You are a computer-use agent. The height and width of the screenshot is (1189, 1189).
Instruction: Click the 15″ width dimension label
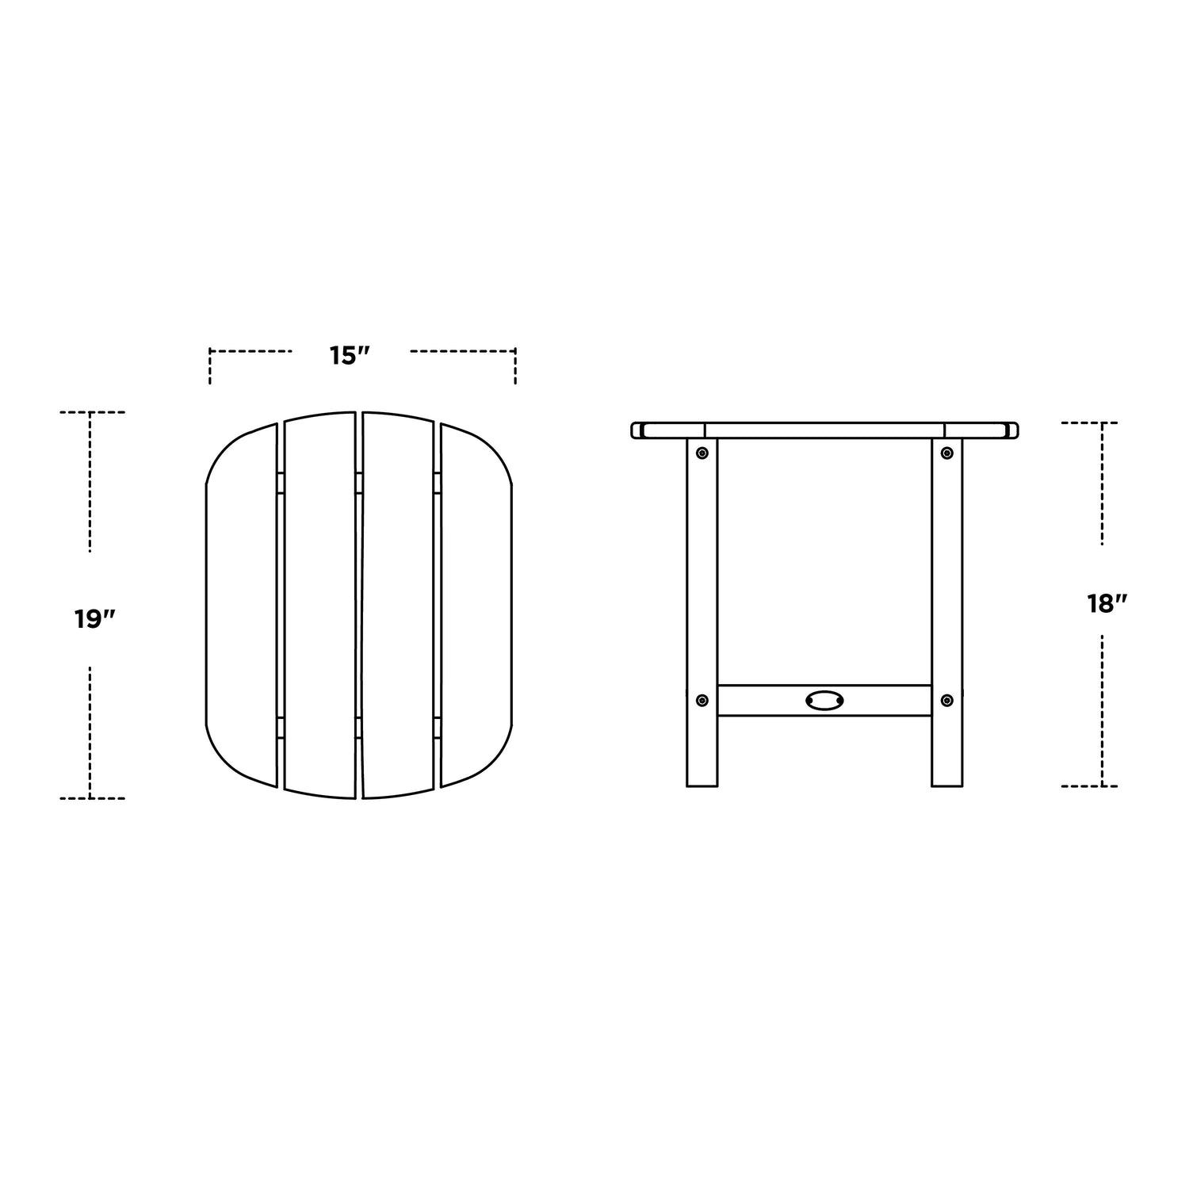pos(351,356)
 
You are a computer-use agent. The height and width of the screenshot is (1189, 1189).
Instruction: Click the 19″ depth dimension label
pos(96,619)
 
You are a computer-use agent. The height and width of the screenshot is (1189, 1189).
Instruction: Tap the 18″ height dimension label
pos(1107,604)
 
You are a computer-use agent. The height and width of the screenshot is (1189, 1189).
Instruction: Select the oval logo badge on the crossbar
pos(824,700)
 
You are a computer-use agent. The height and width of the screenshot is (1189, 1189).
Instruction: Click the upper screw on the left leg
pos(702,453)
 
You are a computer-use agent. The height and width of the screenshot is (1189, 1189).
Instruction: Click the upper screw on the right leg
pos(946,453)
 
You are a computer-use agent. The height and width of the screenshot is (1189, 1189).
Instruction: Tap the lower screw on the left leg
pos(702,700)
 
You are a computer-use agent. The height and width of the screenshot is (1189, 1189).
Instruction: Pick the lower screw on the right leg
pos(946,700)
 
